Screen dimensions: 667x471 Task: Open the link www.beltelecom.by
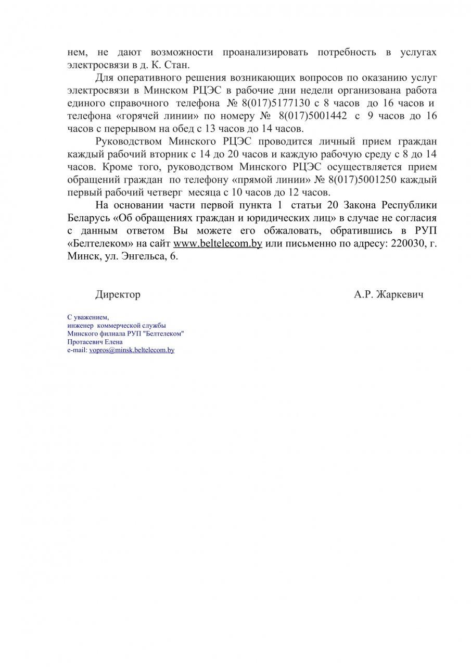point(218,244)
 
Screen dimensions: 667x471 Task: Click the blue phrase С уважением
point(88,317)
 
